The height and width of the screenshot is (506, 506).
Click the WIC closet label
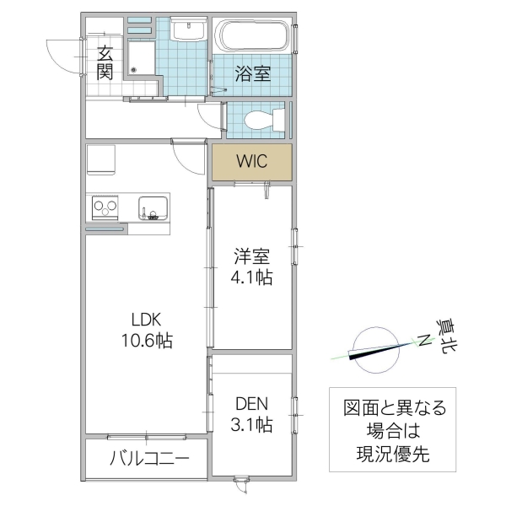coord(251,161)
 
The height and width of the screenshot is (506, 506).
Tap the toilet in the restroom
coord(256,121)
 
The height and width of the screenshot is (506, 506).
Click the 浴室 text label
coord(252,73)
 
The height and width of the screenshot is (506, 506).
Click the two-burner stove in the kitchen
coord(107,207)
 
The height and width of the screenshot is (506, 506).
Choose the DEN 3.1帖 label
coord(252,413)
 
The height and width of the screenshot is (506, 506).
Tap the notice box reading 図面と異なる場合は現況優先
coord(392,431)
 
